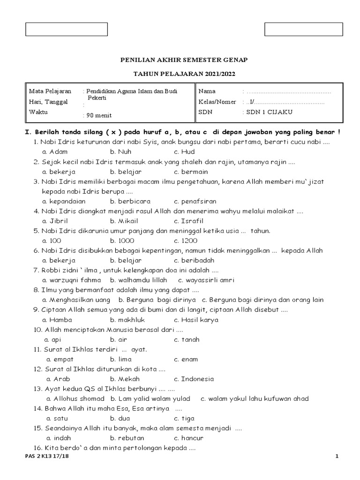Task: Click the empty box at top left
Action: pyautogui.click(x=66, y=29)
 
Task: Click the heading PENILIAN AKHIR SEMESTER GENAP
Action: pyautogui.click(x=184, y=60)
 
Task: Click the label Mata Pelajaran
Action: pyautogui.click(x=50, y=91)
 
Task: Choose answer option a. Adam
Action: pyautogui.click(x=55, y=152)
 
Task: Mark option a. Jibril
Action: pyautogui.click(x=55, y=221)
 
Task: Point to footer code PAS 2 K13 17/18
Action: pyautogui.click(x=46, y=457)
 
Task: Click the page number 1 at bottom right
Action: pyautogui.click(x=337, y=457)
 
